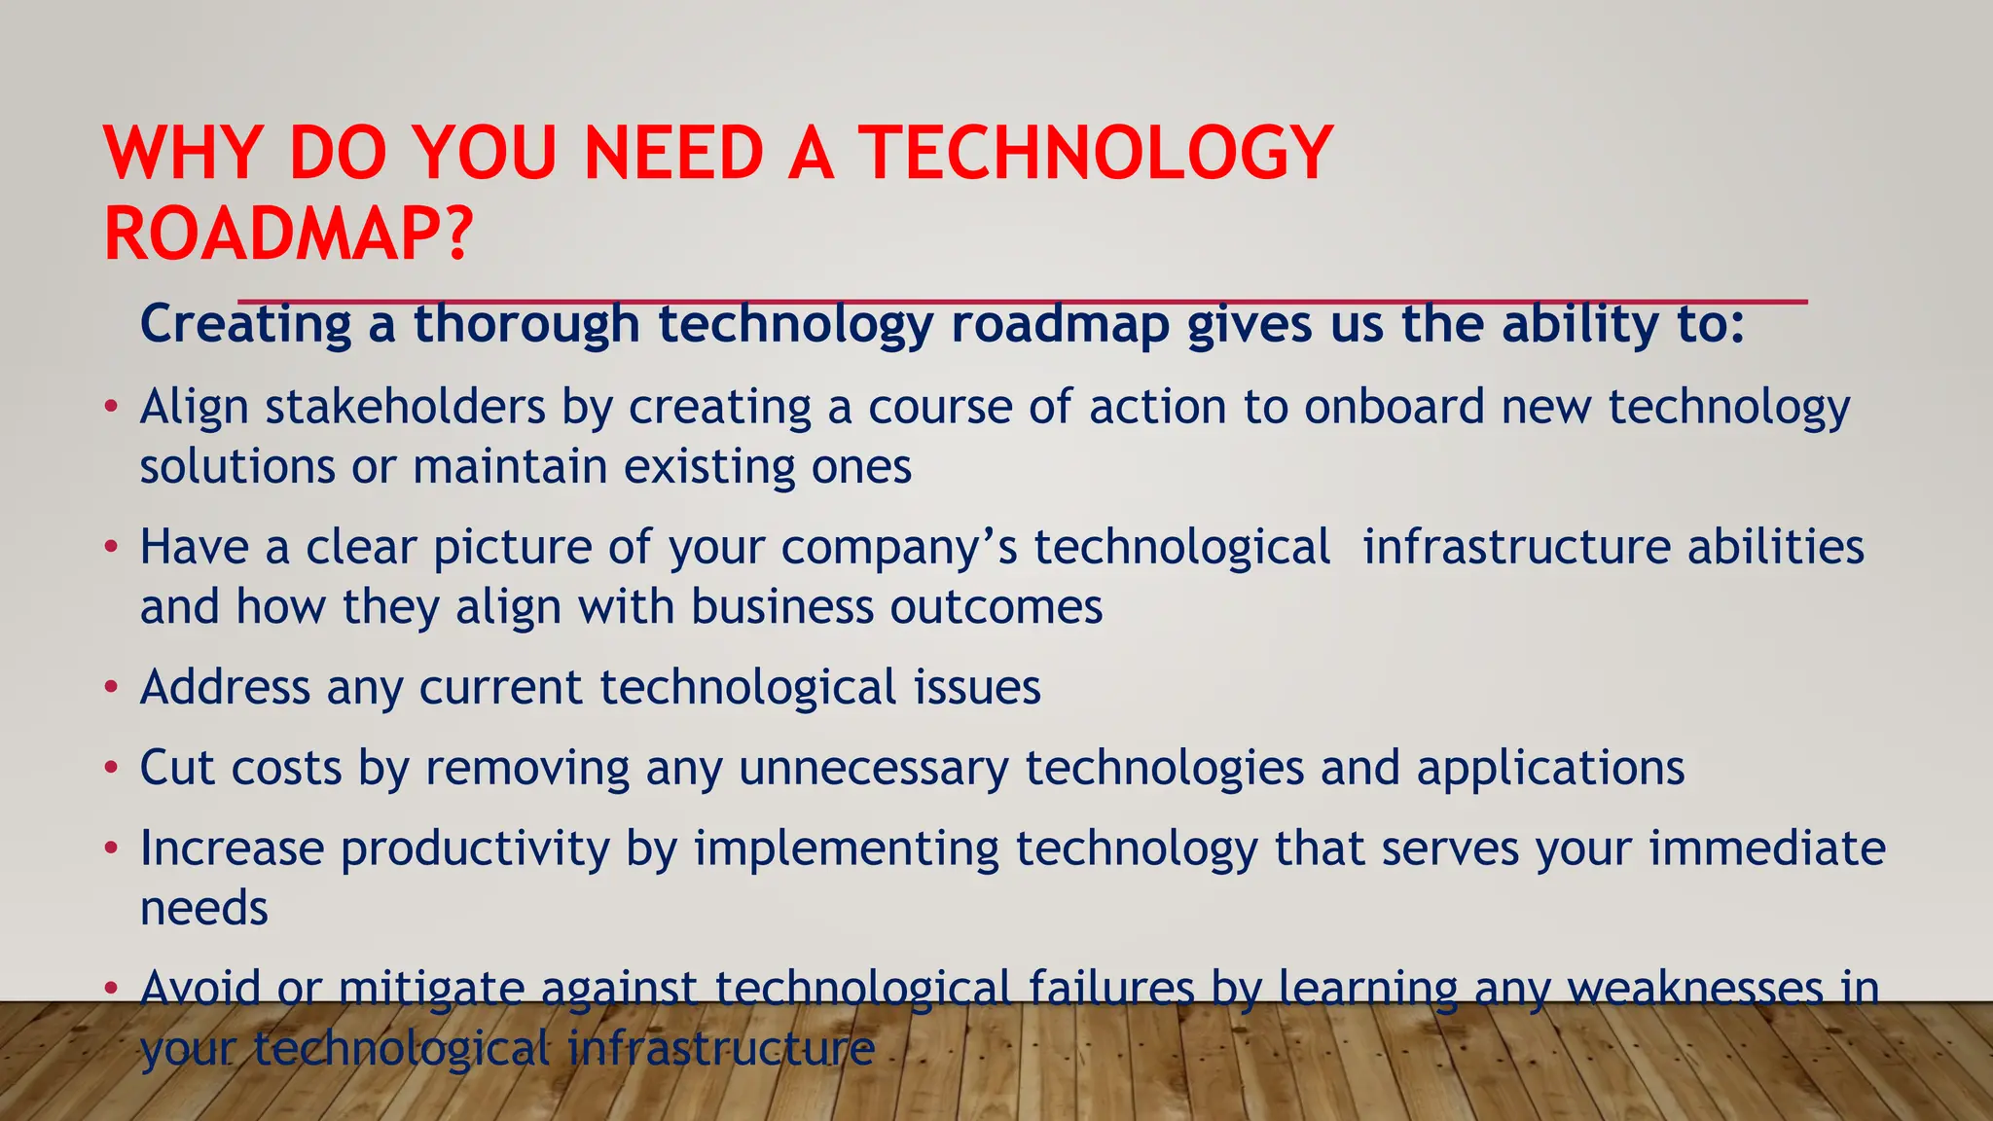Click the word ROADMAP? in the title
coord(288,235)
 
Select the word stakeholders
coord(405,407)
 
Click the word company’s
coord(898,548)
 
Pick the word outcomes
coord(996,607)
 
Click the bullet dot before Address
coord(112,687)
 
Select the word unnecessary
coord(873,769)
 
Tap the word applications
coord(1550,768)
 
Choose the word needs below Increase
coord(203,909)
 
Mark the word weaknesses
coord(1694,989)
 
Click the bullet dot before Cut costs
coord(112,768)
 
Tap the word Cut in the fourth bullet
coord(177,768)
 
